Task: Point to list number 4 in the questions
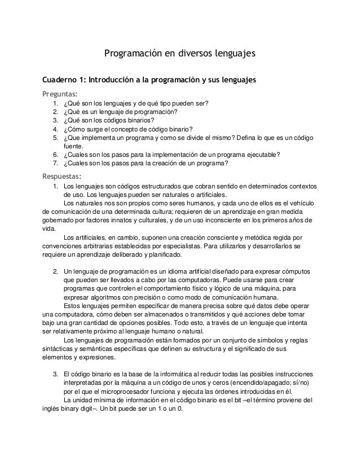(x=55, y=128)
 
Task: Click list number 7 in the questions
(x=55, y=164)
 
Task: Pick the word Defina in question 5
(x=257, y=137)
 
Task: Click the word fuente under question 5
(x=73, y=146)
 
